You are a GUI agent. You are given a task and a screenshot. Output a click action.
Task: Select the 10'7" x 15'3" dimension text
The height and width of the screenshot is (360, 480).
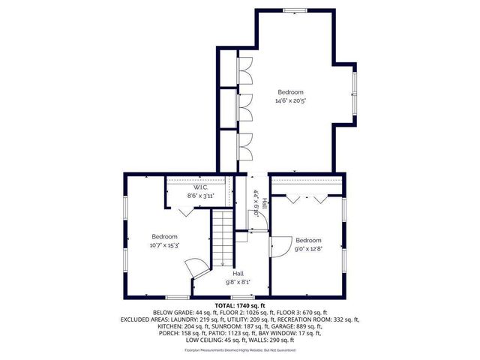point(163,244)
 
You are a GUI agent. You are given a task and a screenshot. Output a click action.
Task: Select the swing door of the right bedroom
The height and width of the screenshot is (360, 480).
point(280,245)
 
